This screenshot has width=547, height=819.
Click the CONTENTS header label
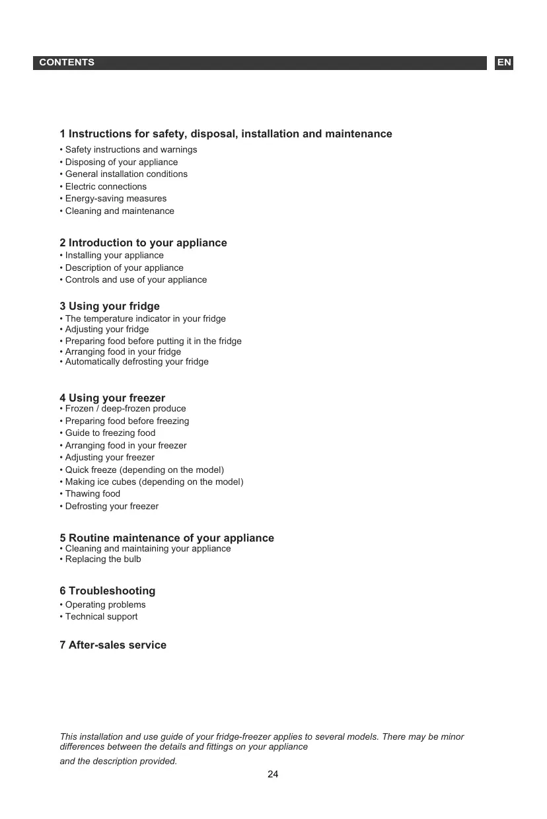[x=67, y=63]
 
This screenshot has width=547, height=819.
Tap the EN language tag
[x=504, y=63]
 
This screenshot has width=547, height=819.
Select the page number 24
[x=273, y=774]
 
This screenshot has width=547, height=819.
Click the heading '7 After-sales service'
[x=113, y=645]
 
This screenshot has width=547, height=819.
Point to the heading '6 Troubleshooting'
[x=108, y=591]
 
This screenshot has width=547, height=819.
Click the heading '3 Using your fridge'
[x=110, y=306]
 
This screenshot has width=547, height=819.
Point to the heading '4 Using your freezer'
[x=112, y=398]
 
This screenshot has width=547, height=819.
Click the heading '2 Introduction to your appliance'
[x=143, y=243]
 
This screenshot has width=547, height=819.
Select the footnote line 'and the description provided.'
[x=119, y=762]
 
